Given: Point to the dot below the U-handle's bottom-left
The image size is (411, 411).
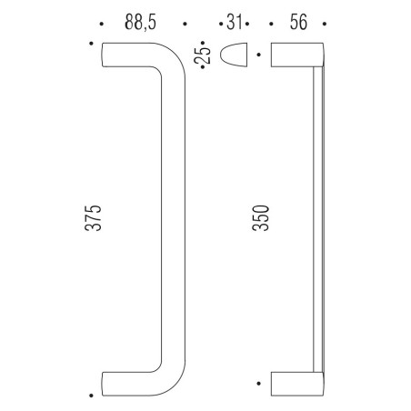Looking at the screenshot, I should [92, 395].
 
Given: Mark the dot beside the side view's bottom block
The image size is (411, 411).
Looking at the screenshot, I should [260, 382].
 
